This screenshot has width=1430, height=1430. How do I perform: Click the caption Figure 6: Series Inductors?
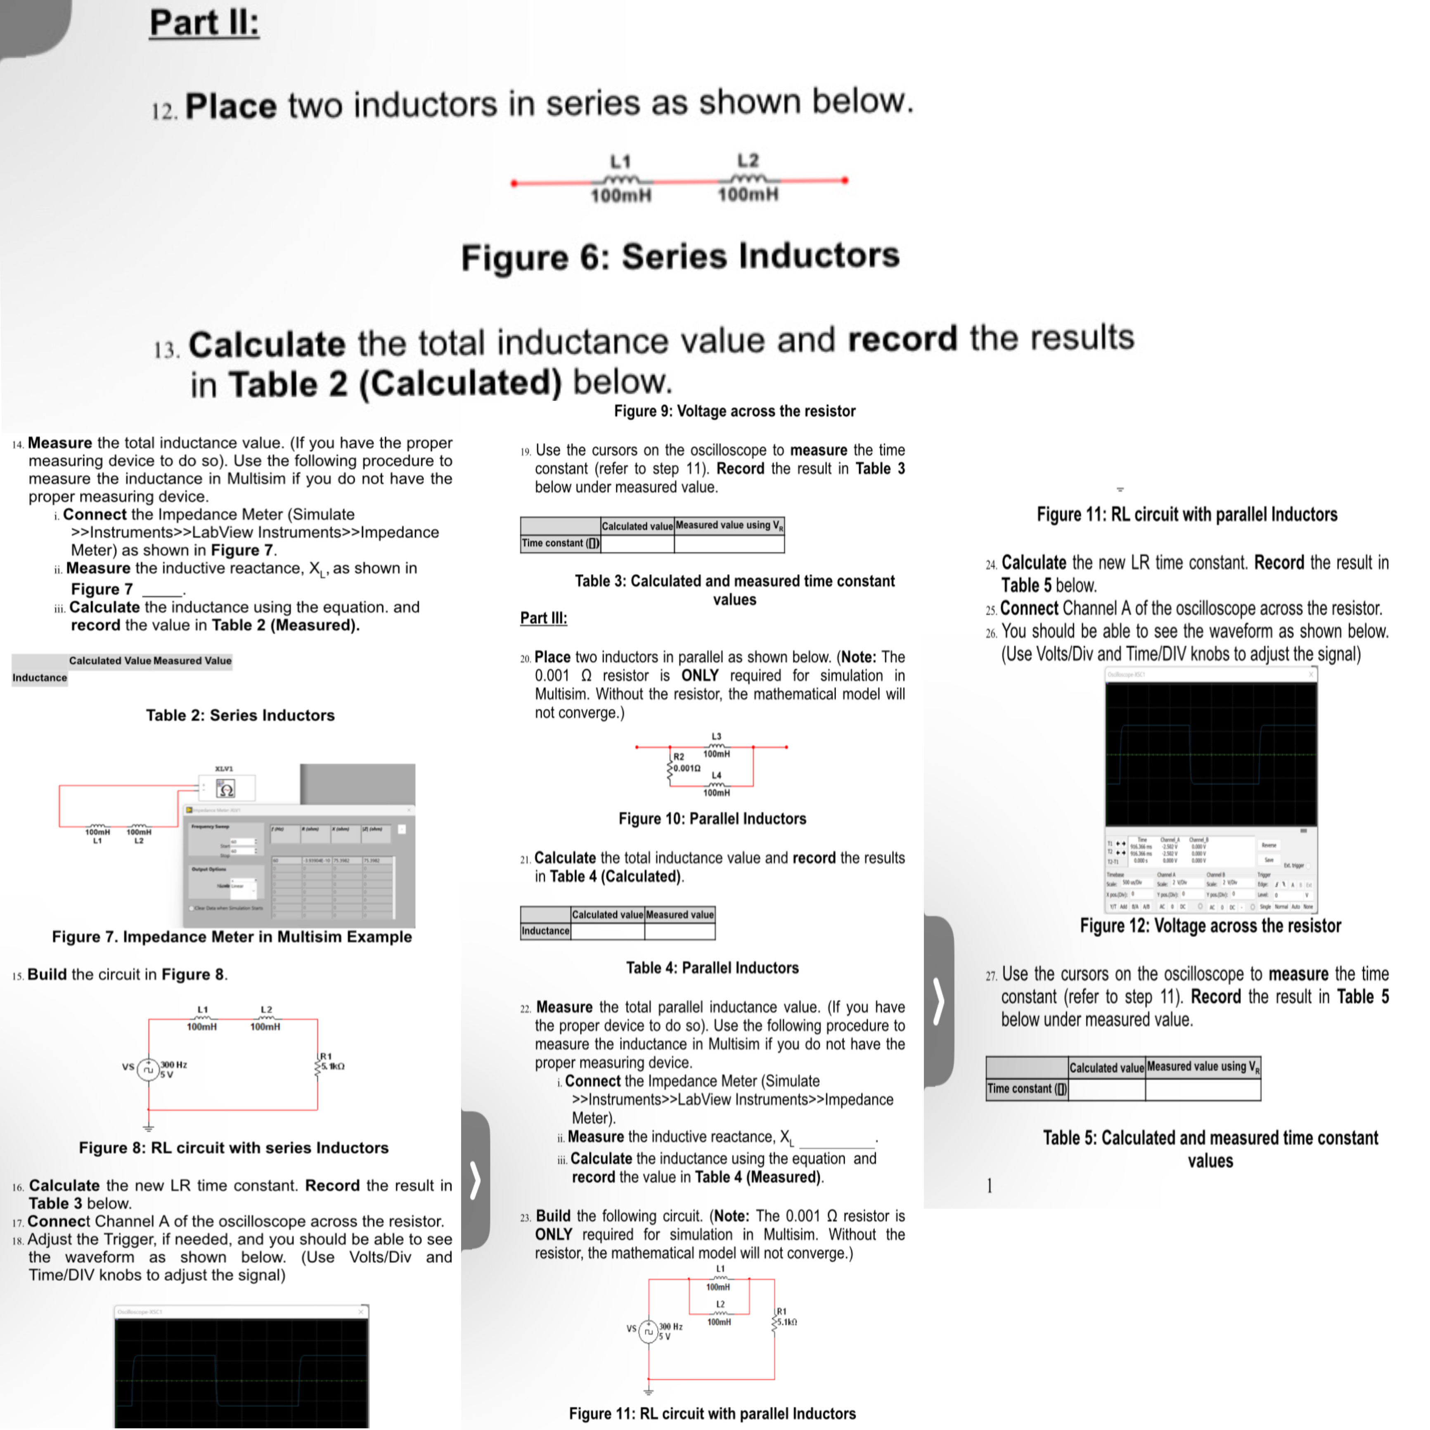[679, 256]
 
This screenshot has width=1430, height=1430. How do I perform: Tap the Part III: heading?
[543, 618]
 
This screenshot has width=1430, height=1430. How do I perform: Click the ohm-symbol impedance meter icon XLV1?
[227, 789]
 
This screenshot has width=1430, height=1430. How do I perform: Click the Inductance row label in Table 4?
[545, 931]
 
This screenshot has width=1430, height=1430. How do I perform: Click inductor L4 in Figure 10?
[716, 785]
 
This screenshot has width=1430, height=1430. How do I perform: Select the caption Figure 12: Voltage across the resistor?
[1210, 926]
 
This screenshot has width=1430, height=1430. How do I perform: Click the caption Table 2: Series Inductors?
[240, 715]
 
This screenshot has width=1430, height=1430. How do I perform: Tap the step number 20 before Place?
[525, 658]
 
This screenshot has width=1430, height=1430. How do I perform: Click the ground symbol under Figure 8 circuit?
[149, 1128]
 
